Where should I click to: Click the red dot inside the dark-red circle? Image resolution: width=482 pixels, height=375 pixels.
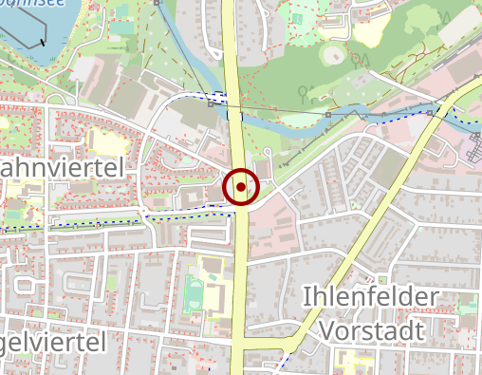coord(242,187)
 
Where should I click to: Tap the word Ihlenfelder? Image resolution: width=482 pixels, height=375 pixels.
coord(370,298)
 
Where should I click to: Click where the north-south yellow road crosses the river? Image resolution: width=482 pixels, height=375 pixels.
coord(234,109)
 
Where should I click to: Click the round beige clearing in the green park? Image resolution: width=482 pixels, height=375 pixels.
coord(332,54)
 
